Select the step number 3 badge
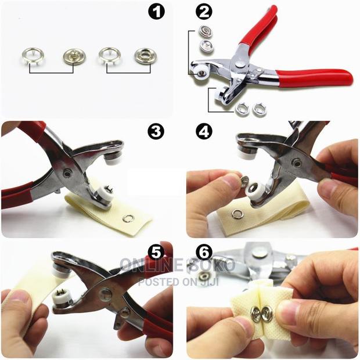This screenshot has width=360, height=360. (x=156, y=132)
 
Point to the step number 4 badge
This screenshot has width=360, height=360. (x=203, y=132)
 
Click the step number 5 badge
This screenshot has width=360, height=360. (x=155, y=253)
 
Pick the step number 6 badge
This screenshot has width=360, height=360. (x=203, y=253)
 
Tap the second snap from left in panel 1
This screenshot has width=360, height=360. (x=73, y=56)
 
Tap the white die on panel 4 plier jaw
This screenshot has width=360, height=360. (x=254, y=190)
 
